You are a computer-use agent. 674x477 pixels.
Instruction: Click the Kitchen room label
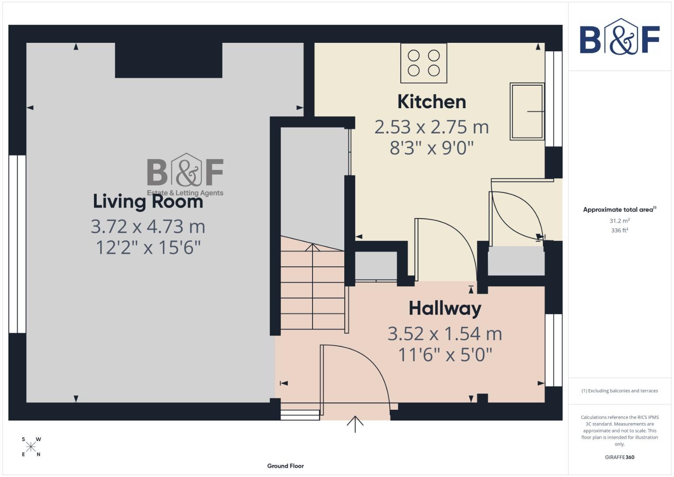point(431,102)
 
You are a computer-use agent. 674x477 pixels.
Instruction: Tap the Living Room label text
point(148,202)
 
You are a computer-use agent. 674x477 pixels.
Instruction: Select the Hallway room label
point(444,308)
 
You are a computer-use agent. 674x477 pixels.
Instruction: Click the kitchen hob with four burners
point(423,63)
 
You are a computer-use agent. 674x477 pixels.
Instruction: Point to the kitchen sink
point(527,111)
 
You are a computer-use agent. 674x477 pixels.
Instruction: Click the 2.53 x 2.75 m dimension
point(431,127)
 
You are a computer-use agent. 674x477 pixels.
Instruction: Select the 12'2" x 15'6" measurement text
point(148,248)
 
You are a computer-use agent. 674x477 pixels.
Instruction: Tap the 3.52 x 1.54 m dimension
point(444,334)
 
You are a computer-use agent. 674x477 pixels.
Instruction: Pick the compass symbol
point(31,447)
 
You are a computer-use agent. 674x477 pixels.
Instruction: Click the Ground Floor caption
point(285,466)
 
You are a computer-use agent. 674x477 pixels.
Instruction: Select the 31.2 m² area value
point(619,221)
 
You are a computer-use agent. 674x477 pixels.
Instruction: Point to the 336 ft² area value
point(619,231)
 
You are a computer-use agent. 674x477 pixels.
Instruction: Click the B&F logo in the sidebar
point(619,37)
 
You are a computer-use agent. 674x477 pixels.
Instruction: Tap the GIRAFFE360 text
point(619,457)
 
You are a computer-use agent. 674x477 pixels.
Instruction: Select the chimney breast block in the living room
point(168,61)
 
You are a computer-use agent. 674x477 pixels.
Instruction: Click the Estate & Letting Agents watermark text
point(185,193)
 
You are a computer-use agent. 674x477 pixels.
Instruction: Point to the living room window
point(17,244)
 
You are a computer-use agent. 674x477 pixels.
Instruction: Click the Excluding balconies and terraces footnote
point(619,391)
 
